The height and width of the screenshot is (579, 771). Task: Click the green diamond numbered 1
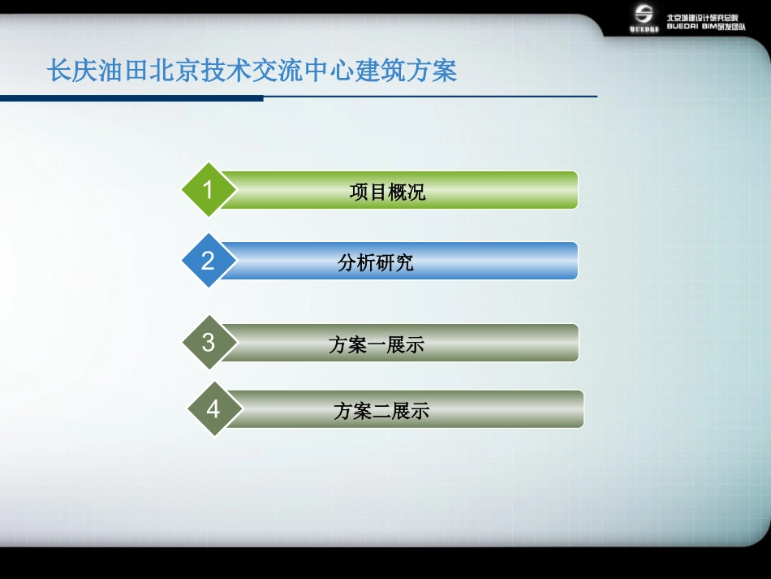[x=208, y=190]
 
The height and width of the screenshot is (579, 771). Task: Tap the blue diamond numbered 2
[x=208, y=261]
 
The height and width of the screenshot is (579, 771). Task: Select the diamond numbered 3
[x=209, y=342]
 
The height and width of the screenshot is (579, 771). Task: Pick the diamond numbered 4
[x=213, y=408]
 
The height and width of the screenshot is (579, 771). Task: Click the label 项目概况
[x=387, y=192]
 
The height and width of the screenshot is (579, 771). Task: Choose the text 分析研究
[x=376, y=263]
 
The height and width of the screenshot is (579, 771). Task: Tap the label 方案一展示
[x=377, y=345]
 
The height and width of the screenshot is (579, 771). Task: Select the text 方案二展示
[x=381, y=412]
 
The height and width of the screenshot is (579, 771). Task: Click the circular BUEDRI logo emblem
[x=644, y=14]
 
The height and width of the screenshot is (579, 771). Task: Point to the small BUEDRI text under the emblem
[x=644, y=29]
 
